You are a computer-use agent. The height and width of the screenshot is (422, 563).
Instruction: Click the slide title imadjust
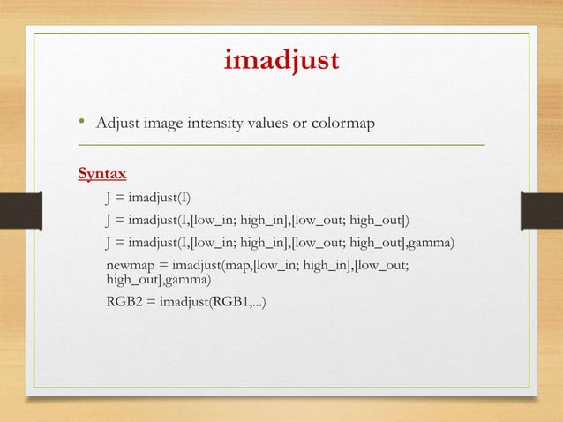click(x=281, y=63)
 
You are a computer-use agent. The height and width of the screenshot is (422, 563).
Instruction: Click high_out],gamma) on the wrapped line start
click(x=158, y=281)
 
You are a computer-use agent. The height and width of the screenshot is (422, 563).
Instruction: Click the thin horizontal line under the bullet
click(x=281, y=143)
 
